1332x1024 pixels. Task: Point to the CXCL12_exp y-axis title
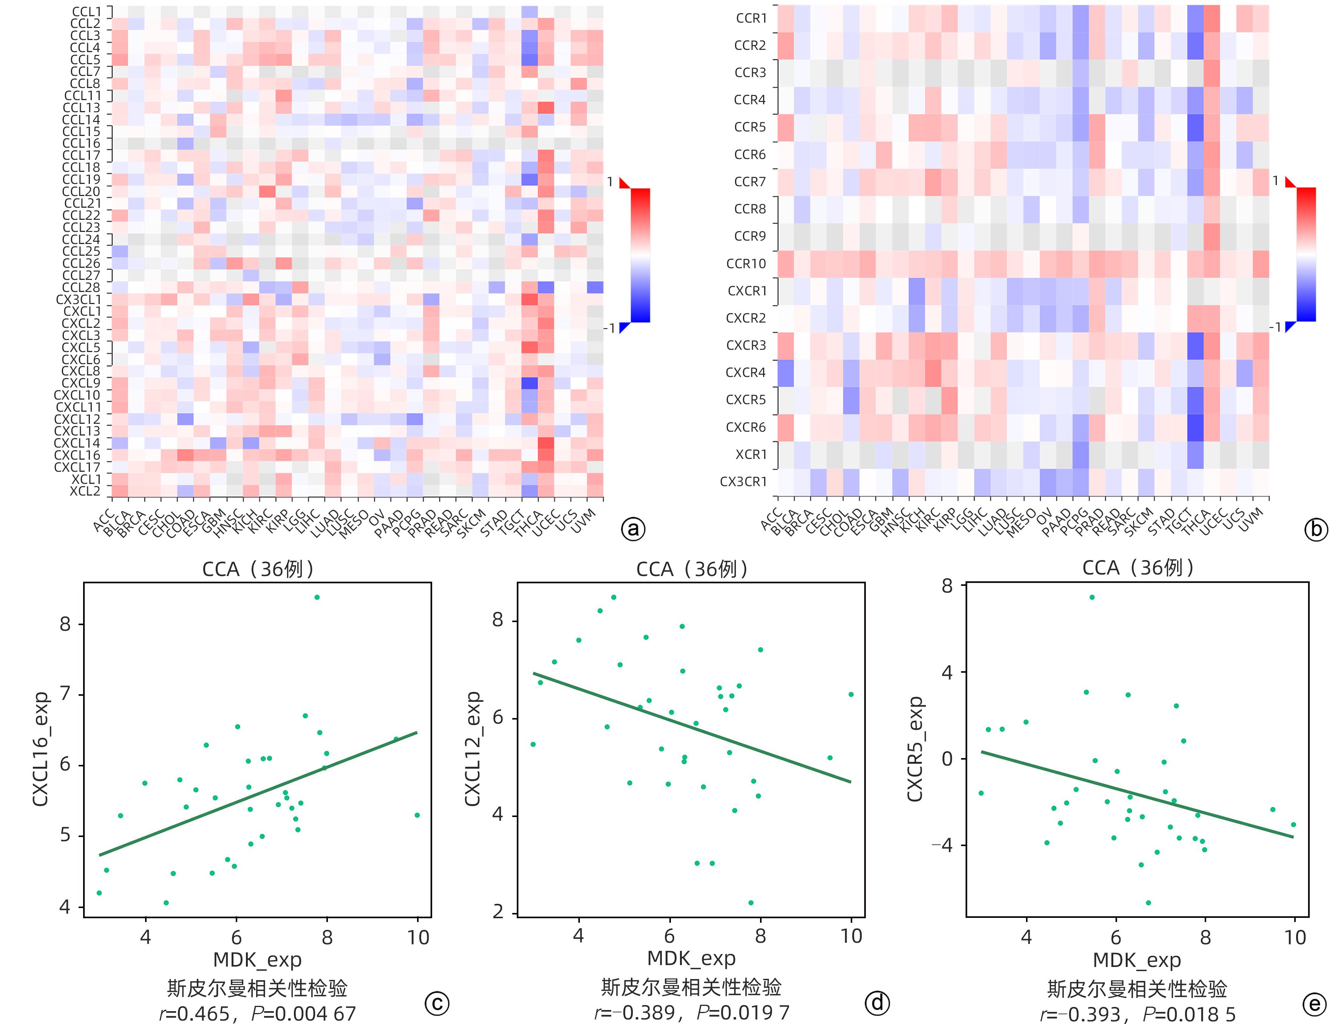pos(473,749)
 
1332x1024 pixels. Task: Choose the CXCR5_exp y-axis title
pos(915,749)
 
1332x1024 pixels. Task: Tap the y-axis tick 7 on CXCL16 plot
pos(65,694)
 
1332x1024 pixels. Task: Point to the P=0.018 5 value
pos(1189,1014)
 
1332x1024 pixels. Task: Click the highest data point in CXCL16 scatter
pos(317,597)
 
